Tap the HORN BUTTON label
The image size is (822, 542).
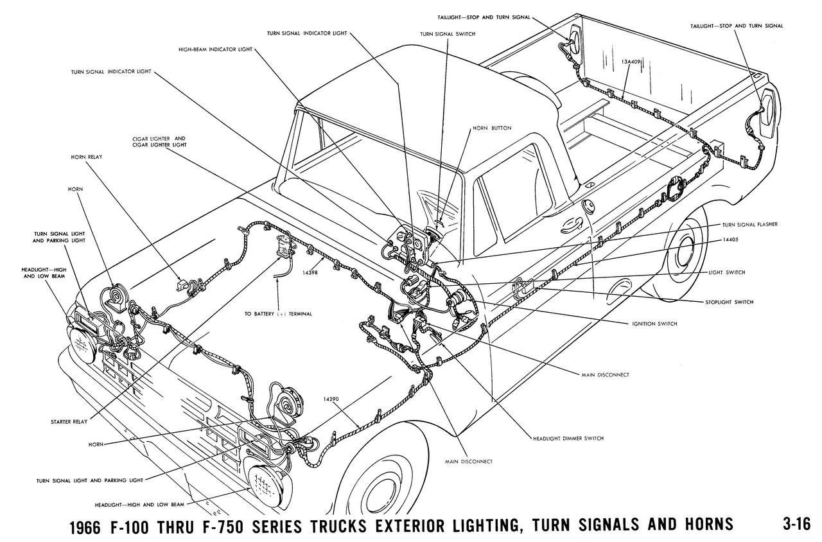[489, 128]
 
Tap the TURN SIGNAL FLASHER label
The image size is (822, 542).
[748, 225]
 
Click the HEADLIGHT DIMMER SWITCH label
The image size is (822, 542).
[568, 438]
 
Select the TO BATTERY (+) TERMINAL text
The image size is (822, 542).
[278, 314]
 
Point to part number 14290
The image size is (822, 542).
[331, 399]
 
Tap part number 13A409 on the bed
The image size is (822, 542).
[633, 62]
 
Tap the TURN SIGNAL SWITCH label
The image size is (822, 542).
[448, 33]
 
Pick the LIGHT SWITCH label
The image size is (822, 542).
[727, 273]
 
